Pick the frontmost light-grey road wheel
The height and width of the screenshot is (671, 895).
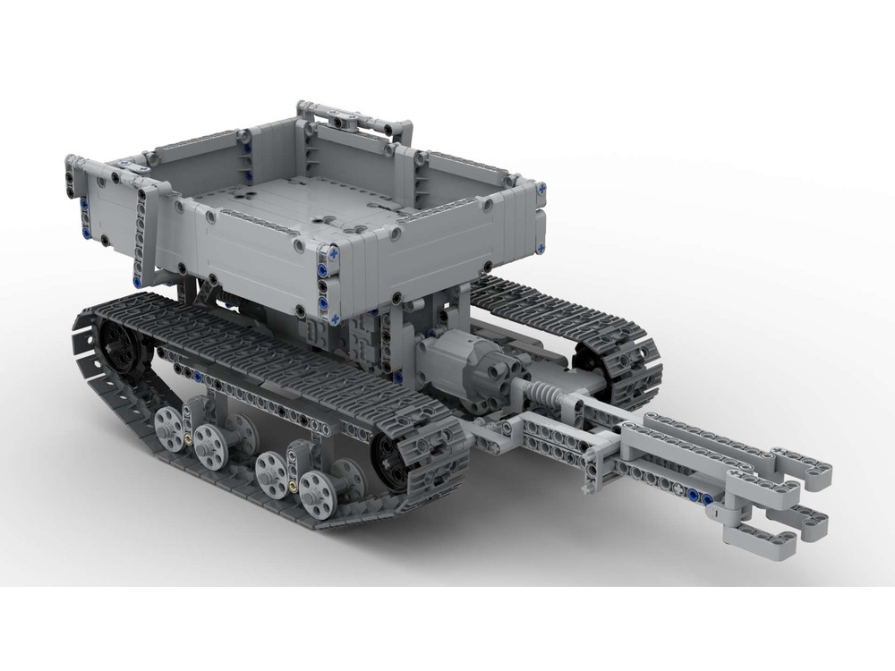(x=317, y=488)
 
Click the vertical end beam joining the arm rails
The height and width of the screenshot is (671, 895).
(x=591, y=470)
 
